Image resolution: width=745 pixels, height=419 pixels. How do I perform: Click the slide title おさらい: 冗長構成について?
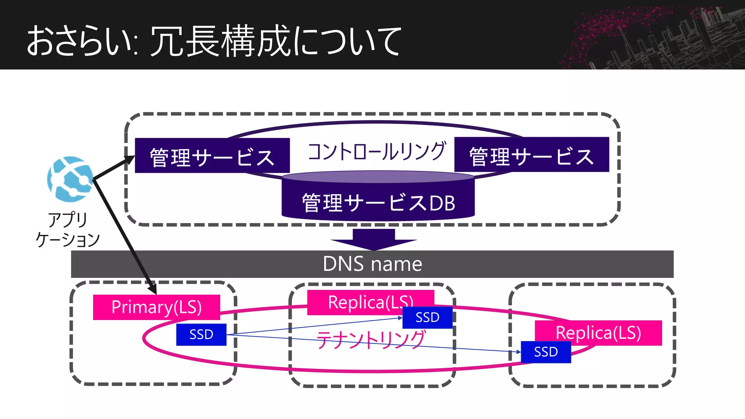point(214,41)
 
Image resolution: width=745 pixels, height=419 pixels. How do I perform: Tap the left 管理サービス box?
point(212,156)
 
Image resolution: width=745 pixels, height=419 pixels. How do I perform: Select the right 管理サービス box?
point(531,155)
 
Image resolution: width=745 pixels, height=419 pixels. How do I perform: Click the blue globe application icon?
point(70,179)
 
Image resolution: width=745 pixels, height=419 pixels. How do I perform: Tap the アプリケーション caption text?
point(68,230)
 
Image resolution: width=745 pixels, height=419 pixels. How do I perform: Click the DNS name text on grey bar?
point(372,264)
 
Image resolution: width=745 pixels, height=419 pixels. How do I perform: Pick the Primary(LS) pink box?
point(156,307)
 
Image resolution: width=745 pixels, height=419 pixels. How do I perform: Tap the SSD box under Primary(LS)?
point(201,334)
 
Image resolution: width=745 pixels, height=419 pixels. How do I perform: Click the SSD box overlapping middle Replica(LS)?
point(427,317)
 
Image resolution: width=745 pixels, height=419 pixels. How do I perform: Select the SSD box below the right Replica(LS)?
point(546,352)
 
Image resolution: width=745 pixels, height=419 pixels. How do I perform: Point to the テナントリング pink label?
point(370,340)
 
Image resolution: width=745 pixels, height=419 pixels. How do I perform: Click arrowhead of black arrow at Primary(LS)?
point(154,290)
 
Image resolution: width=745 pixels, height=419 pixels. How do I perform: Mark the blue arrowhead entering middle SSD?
point(400,318)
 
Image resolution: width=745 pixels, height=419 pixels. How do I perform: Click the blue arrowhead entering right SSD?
point(519,352)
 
